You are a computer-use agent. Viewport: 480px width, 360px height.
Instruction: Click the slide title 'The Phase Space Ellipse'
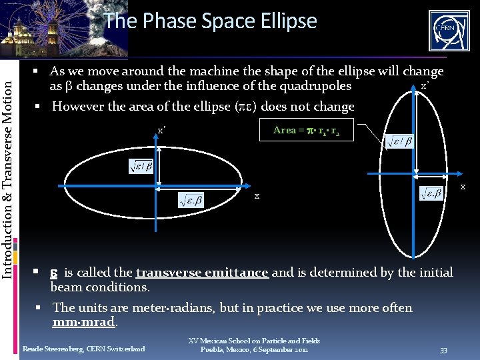tap(210, 21)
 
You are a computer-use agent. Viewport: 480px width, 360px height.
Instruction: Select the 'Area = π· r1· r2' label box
tap(306, 131)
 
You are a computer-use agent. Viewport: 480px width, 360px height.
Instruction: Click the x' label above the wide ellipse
tap(161, 131)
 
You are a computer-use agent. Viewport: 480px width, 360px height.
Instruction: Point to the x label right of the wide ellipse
tap(257, 197)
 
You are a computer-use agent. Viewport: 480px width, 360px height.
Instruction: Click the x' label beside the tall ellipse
tap(423, 87)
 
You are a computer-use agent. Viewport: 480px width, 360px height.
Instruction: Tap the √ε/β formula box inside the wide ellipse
tap(141, 167)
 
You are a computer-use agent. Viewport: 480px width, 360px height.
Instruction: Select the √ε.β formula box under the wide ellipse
tap(191, 198)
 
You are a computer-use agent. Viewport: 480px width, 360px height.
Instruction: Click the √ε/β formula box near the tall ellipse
tap(399, 141)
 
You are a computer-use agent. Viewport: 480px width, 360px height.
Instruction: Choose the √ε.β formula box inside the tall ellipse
tap(432, 193)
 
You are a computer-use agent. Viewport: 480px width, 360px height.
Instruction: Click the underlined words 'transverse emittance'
tap(202, 272)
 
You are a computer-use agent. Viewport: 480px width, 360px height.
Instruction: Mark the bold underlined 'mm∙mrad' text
tap(85, 322)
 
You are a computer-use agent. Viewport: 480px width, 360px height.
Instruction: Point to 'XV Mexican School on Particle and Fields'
tap(255, 341)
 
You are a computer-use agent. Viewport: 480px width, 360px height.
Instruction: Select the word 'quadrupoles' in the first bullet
tap(317, 85)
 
